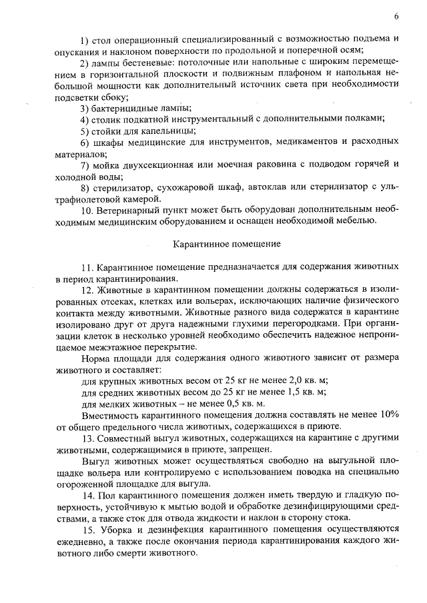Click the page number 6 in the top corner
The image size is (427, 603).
[396, 16]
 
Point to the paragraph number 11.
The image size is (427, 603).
[87, 267]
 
